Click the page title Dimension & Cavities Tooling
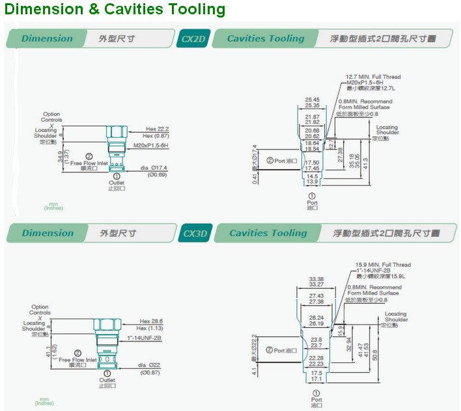pyautogui.click(x=115, y=10)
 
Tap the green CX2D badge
pyautogui.click(x=193, y=38)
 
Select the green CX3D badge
pyautogui.click(x=195, y=233)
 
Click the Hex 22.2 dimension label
pyautogui.click(x=158, y=128)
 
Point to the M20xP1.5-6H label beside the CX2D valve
pyautogui.click(x=152, y=145)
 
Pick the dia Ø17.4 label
pyautogui.click(x=154, y=168)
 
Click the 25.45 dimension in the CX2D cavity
pyautogui.click(x=312, y=99)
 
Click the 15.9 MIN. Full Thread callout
pyautogui.click(x=383, y=265)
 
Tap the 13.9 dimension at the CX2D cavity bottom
pyautogui.click(x=312, y=182)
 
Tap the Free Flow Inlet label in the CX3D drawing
pyautogui.click(x=77, y=360)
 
